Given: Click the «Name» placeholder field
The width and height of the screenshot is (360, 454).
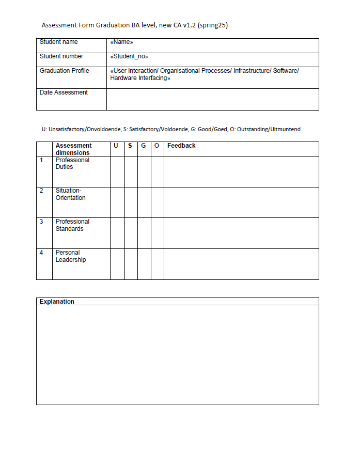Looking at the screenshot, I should coord(122,42).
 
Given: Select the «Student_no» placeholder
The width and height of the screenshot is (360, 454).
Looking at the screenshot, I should coord(130,57).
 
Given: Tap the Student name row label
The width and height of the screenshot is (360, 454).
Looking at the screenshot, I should coord(59,42).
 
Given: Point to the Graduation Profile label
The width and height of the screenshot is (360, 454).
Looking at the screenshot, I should coord(65,71).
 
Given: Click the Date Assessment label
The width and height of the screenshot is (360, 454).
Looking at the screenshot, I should coord(64,92).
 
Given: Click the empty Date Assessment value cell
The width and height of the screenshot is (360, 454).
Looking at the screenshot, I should coord(212,99).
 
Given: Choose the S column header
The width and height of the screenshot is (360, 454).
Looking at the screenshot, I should coord(130,146).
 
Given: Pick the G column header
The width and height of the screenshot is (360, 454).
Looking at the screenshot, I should coord(144,146).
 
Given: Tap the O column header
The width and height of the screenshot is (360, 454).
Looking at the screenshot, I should coord(157,146).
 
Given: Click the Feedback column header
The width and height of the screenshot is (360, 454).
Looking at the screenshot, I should coord(181,146).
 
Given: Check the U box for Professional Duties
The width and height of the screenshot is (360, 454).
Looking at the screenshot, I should coord(117,171).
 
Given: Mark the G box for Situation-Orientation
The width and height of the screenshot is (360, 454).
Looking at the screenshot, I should coord(144,202).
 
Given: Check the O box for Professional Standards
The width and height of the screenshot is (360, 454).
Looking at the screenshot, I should coord(158,233).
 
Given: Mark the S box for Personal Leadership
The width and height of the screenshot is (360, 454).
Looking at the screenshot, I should coord(131,264).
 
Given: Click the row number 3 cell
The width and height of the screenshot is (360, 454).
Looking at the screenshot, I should coord(44,233).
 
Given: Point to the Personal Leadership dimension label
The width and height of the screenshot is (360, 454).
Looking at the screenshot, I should coord(71,256).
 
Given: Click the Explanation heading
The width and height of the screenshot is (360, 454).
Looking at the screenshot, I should coord(57,302).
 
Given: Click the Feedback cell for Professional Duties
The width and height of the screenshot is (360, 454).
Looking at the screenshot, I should coord(241,171).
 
